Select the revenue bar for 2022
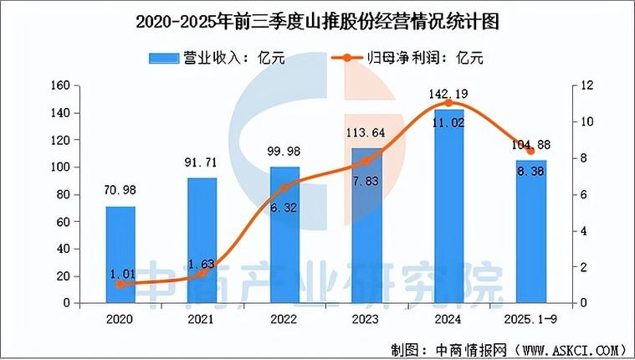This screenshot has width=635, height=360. tap(284, 234)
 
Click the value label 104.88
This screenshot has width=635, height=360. tap(530, 143)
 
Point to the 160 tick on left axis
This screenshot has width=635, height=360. tap(59, 85)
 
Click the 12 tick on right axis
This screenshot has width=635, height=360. tap(589, 85)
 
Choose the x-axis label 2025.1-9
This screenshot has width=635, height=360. tap(530, 319)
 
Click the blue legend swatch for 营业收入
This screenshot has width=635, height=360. tap(164, 58)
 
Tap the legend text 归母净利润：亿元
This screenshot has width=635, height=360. tap(426, 58)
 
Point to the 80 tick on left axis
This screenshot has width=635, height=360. tap(62, 194)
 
